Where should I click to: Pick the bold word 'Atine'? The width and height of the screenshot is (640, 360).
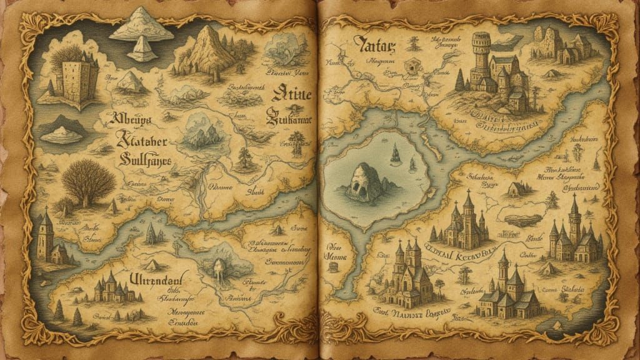292,96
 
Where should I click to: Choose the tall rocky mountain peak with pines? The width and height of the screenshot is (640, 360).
206,50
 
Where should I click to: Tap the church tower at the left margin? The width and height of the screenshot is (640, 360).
44,234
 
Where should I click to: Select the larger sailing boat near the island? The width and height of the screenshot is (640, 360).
395,153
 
